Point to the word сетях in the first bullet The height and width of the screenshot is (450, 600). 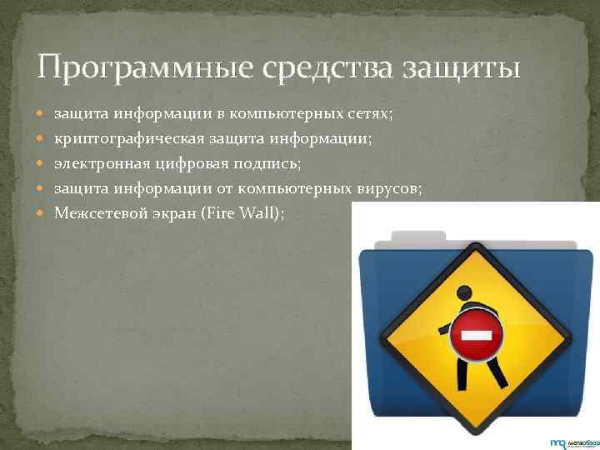(x=373, y=111)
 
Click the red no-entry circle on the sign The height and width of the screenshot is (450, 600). (x=476, y=335)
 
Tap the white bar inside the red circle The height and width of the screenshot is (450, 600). (x=476, y=336)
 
